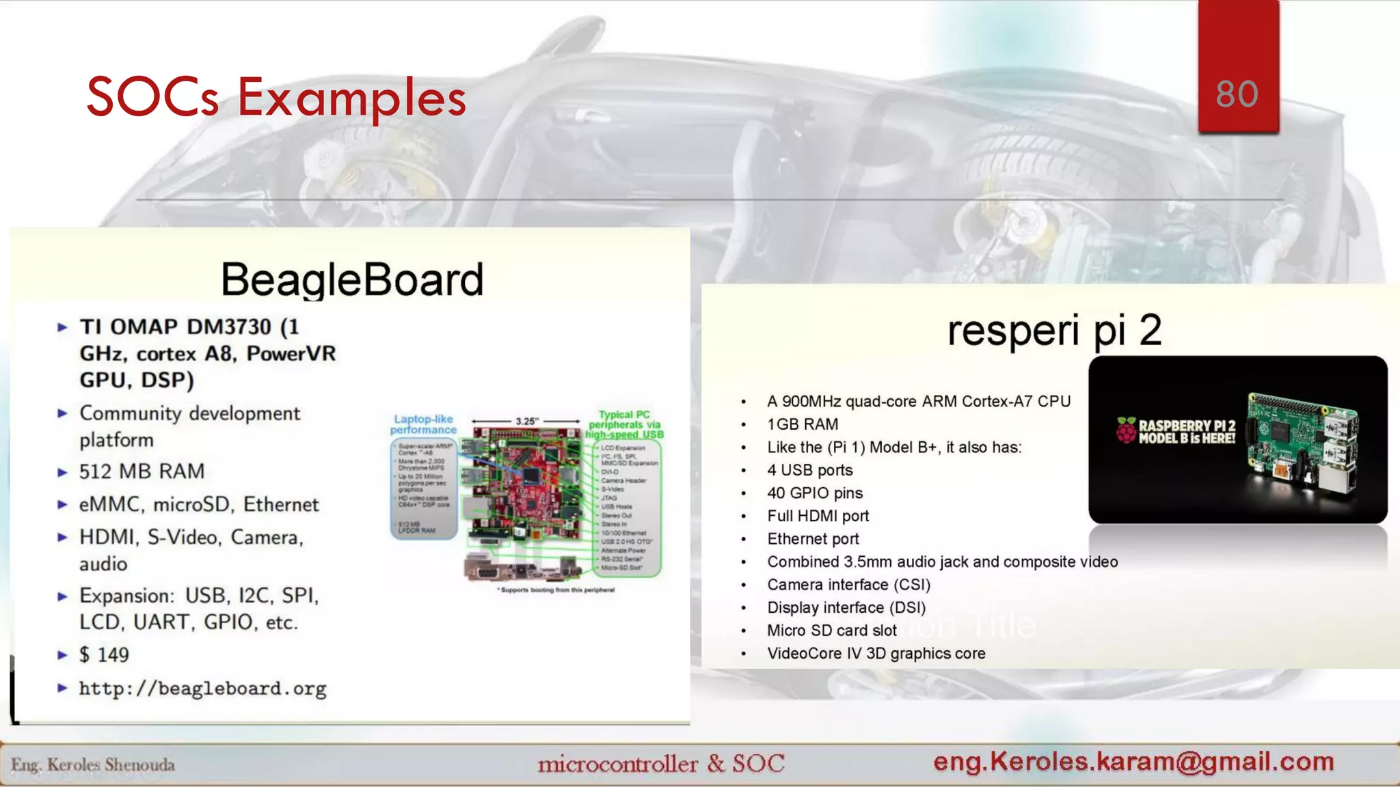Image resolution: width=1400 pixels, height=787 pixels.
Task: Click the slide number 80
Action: click(1237, 94)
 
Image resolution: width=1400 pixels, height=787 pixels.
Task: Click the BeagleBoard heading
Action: click(352, 279)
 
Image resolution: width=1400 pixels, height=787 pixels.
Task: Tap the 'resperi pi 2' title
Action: click(1054, 330)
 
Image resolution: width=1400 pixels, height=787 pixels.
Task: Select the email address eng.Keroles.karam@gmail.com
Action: click(1133, 761)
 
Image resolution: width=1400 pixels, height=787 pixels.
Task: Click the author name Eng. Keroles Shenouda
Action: click(93, 764)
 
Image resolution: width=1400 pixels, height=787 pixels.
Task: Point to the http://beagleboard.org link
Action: click(202, 688)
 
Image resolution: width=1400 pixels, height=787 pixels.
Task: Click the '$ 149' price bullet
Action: click(104, 654)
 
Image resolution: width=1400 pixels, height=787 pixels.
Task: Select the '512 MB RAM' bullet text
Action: click(142, 471)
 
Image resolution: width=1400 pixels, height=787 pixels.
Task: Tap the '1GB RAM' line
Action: click(803, 424)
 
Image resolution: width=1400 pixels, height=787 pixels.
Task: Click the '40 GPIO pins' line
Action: click(815, 493)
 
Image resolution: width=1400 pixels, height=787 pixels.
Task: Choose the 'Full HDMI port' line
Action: click(818, 516)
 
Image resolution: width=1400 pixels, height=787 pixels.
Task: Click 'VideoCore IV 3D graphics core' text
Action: click(876, 653)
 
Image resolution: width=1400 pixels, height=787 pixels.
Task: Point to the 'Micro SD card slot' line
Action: click(831, 631)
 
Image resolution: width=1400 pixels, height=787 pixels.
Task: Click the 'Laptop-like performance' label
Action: click(423, 424)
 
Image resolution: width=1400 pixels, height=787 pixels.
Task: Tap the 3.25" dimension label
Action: click(526, 422)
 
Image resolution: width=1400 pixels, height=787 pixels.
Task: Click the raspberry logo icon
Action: click(1126, 430)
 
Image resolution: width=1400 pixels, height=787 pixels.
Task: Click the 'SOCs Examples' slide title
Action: click(276, 98)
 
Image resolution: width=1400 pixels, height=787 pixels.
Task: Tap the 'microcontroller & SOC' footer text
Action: click(661, 764)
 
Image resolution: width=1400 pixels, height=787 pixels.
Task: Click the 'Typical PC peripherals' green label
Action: click(624, 424)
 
